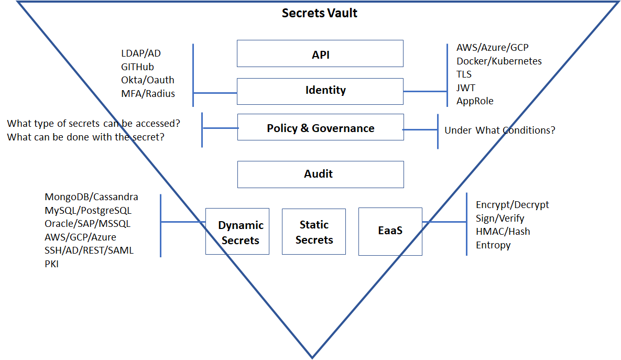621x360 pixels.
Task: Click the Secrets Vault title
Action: pos(319,13)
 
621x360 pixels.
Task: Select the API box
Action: pos(320,53)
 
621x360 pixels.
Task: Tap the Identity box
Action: pos(320,91)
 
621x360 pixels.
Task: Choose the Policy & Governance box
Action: pos(320,128)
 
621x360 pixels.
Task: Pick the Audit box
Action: pos(320,174)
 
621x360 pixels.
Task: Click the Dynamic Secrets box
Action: pos(237,232)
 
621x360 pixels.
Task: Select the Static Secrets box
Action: pos(314,232)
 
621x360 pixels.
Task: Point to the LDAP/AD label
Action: pos(141,53)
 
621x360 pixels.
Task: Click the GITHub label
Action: pos(138,67)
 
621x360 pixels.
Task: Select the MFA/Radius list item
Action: pos(148,94)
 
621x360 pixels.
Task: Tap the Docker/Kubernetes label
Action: pos(499,61)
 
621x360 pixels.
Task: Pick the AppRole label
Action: pos(475,101)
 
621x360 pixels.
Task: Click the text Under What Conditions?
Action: pos(500,130)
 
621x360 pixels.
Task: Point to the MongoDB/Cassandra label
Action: pos(92,197)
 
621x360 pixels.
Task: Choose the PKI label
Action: pos(52,264)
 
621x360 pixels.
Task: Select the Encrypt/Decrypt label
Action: pos(512,205)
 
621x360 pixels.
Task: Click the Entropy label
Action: pos(493,245)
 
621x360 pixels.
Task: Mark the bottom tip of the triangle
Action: pos(312,357)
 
